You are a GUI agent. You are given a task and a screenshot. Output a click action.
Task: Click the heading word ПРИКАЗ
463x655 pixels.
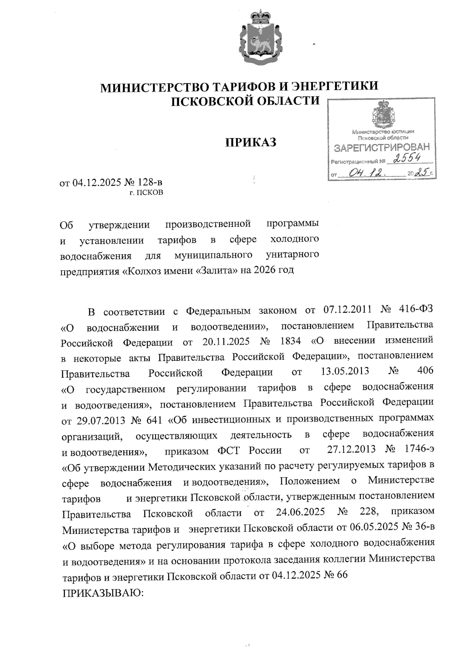pyautogui.click(x=251, y=142)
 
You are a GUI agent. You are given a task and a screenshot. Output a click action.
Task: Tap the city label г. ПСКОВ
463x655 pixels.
pyautogui.click(x=146, y=193)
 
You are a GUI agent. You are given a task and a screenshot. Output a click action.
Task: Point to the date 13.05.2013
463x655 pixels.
pyautogui.click(x=345, y=372)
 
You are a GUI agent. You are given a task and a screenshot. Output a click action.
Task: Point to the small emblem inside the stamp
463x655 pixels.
pyautogui.click(x=381, y=115)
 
